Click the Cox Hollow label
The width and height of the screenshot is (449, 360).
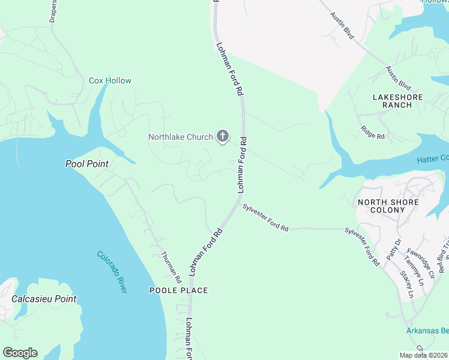pos(110,80)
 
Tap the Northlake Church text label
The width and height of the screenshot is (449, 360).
pos(181,137)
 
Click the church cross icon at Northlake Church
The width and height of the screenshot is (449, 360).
pos(222,136)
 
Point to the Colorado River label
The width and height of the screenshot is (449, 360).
pos(112,272)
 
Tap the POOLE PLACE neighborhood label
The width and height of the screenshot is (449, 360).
pos(178,290)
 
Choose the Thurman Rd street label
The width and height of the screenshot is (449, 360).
pos(170,268)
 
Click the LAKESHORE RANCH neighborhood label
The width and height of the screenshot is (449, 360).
pos(397,101)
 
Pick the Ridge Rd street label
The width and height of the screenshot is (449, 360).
pos(372,132)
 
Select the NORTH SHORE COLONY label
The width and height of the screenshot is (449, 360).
pos(388,206)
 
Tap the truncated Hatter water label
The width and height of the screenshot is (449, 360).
pos(433,158)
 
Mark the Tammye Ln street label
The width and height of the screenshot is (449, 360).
pos(414,270)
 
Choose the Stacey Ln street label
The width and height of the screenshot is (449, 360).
pos(406,284)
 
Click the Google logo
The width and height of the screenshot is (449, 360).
pos(20,353)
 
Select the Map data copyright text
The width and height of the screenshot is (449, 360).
pos(424,355)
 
